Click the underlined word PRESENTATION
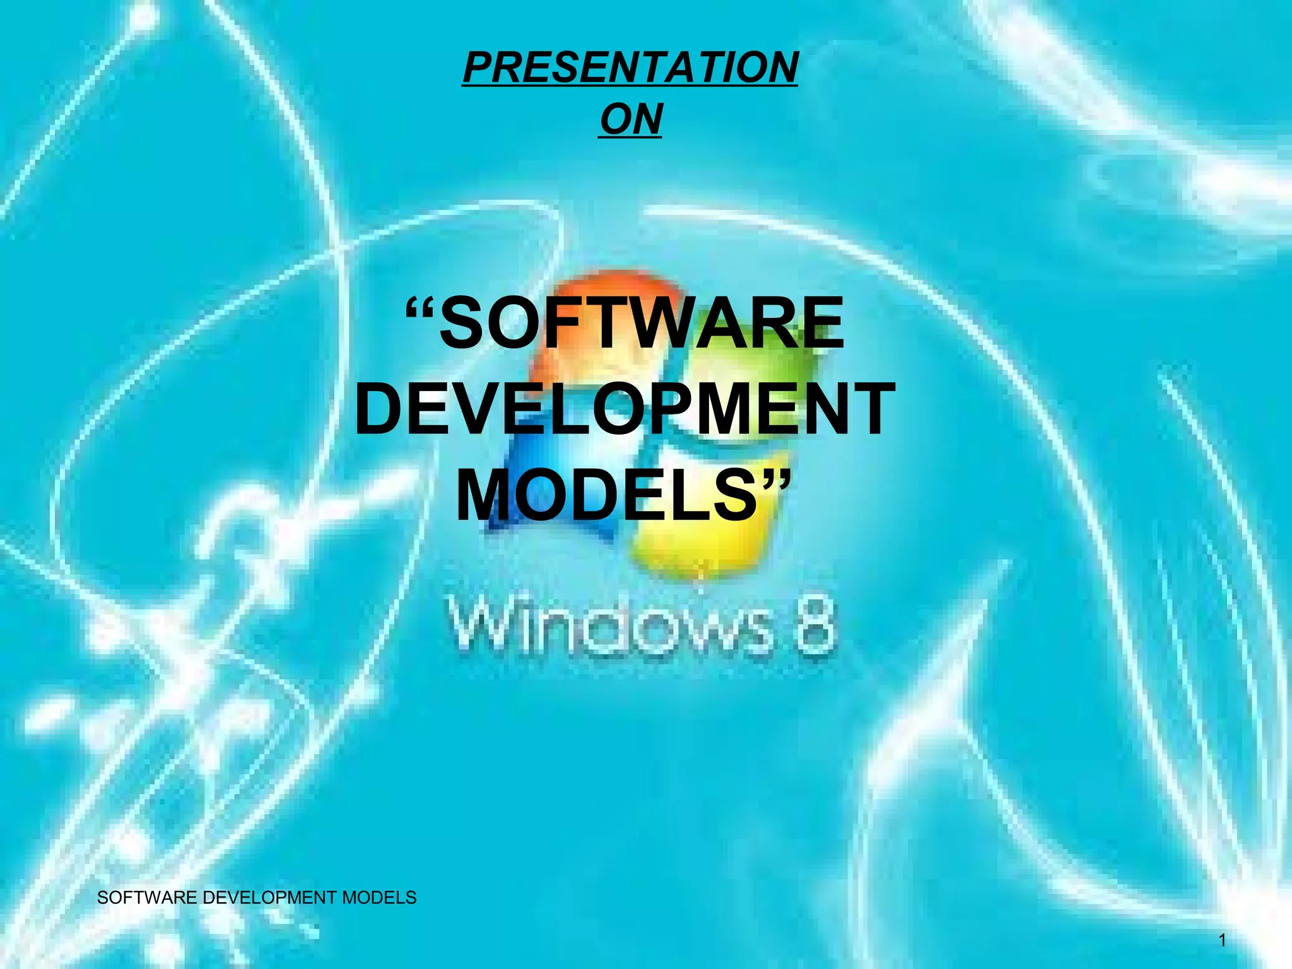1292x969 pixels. click(630, 68)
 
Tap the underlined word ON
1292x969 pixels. click(630, 119)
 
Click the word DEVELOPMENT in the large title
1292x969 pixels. click(625, 410)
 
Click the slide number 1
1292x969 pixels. click(1222, 941)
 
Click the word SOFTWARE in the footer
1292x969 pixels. click(148, 898)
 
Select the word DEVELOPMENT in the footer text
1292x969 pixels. click(270, 898)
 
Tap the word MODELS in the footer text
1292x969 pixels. click(379, 898)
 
